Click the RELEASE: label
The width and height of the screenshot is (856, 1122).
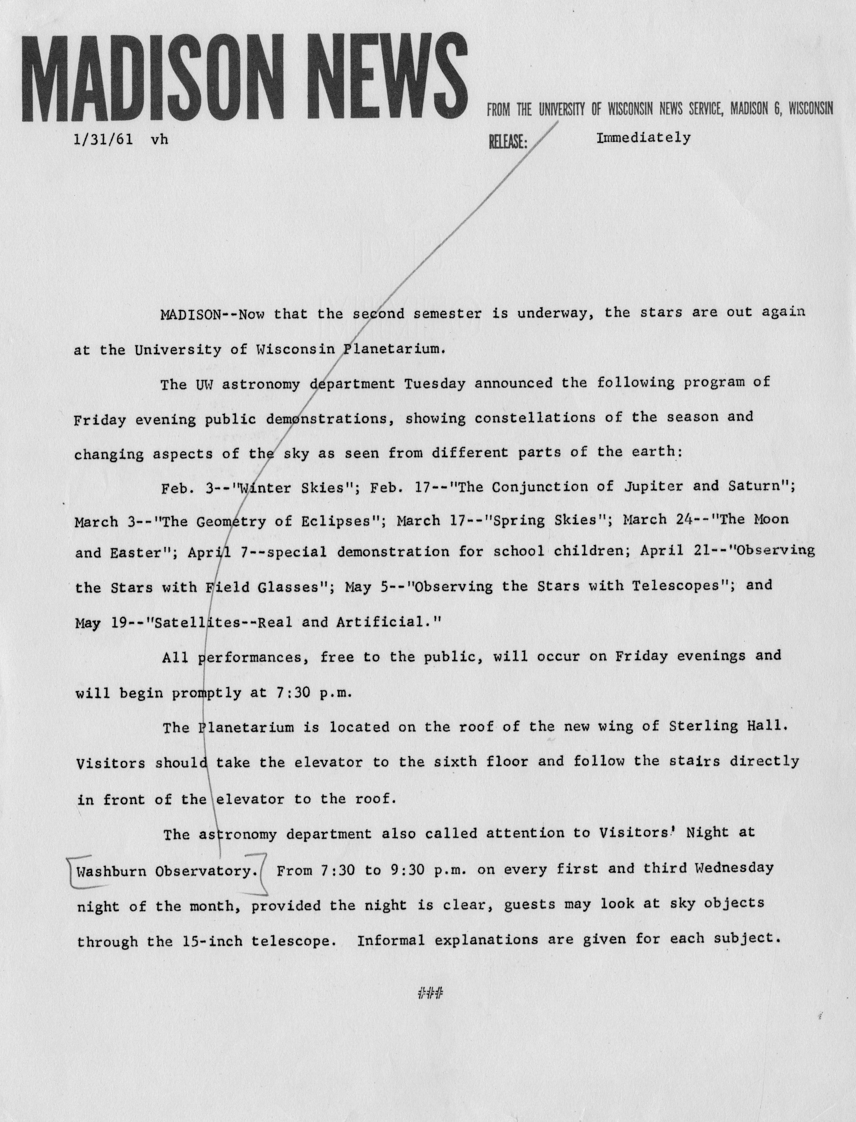tap(508, 142)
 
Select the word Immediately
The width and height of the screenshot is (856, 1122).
tap(643, 138)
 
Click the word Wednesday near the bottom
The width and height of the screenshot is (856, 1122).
tap(734, 868)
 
